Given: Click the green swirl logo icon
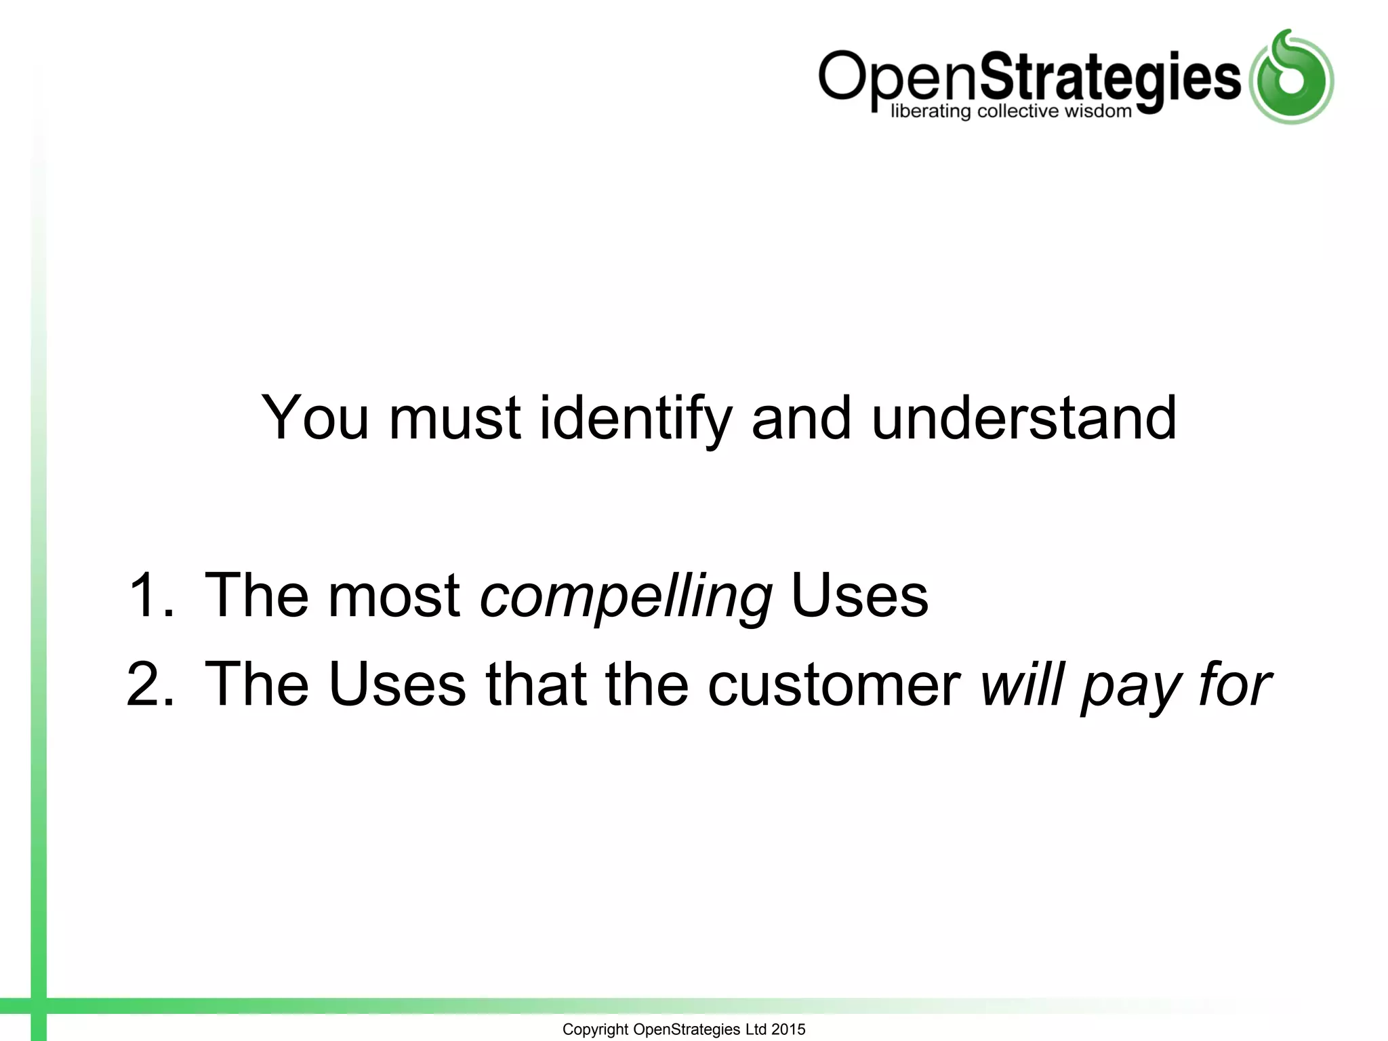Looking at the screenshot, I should (1291, 77).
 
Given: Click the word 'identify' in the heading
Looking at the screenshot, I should (635, 419).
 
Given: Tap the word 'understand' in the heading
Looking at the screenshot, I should (1023, 418).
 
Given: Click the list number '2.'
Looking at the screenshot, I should (151, 685).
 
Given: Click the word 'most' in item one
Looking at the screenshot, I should (394, 596).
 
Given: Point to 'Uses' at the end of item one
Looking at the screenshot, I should (859, 596).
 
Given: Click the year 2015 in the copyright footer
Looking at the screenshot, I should (788, 1029).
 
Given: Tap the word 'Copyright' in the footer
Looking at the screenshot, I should (595, 1029).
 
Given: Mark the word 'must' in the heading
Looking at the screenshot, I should (455, 419).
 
